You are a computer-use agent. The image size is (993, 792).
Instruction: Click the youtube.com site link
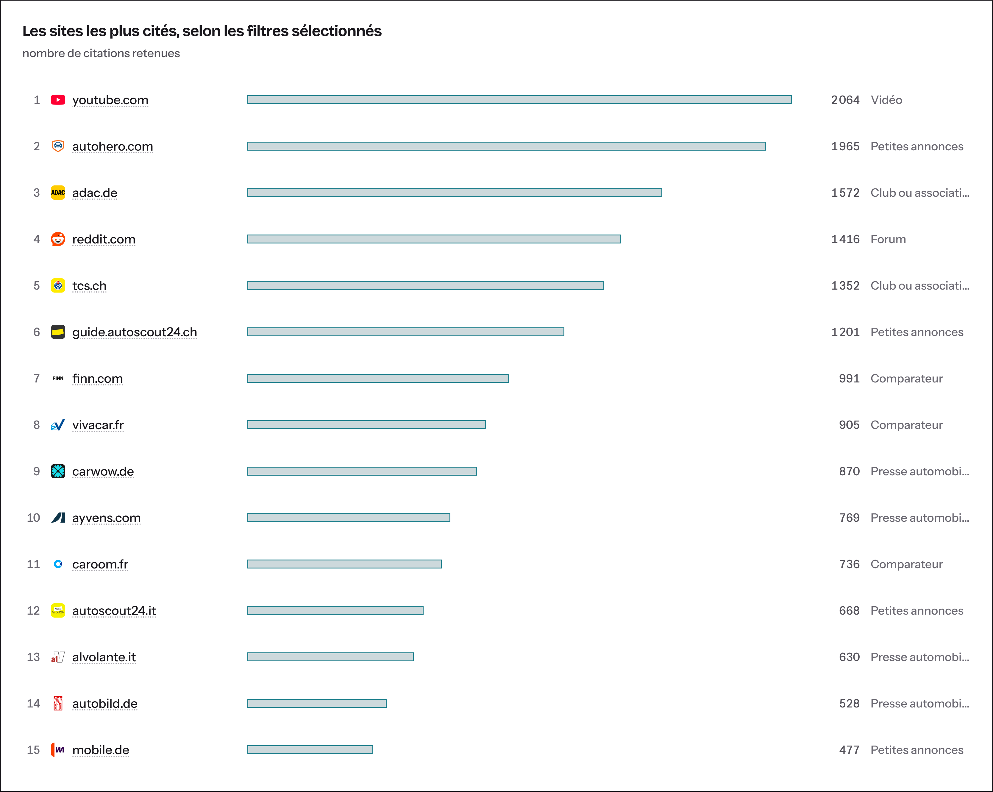(110, 100)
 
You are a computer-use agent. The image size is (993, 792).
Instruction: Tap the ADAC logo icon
(58, 193)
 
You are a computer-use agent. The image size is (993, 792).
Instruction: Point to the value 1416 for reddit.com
(845, 239)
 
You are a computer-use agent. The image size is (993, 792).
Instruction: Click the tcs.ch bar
(426, 285)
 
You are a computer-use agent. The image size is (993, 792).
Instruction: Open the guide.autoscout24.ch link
(135, 332)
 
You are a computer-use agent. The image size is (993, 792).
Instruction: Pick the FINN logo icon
(58, 379)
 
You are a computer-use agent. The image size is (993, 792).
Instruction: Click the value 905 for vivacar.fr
(849, 424)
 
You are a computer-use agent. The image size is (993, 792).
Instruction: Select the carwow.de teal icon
(58, 471)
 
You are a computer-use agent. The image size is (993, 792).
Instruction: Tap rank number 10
(34, 518)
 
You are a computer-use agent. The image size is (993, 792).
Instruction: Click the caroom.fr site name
(100, 564)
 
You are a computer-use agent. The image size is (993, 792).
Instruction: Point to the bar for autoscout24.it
(335, 610)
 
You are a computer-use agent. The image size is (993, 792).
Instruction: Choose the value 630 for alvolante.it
(849, 657)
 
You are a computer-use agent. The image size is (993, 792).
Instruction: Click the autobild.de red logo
(58, 703)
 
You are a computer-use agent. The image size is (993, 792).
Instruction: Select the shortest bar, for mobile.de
(310, 750)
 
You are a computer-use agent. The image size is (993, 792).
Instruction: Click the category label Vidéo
(886, 100)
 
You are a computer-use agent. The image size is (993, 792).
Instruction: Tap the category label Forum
(888, 239)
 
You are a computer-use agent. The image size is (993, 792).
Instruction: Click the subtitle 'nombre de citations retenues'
(101, 53)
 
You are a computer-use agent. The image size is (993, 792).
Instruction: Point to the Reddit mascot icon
(58, 239)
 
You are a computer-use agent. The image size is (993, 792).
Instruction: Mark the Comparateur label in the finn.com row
(906, 379)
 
